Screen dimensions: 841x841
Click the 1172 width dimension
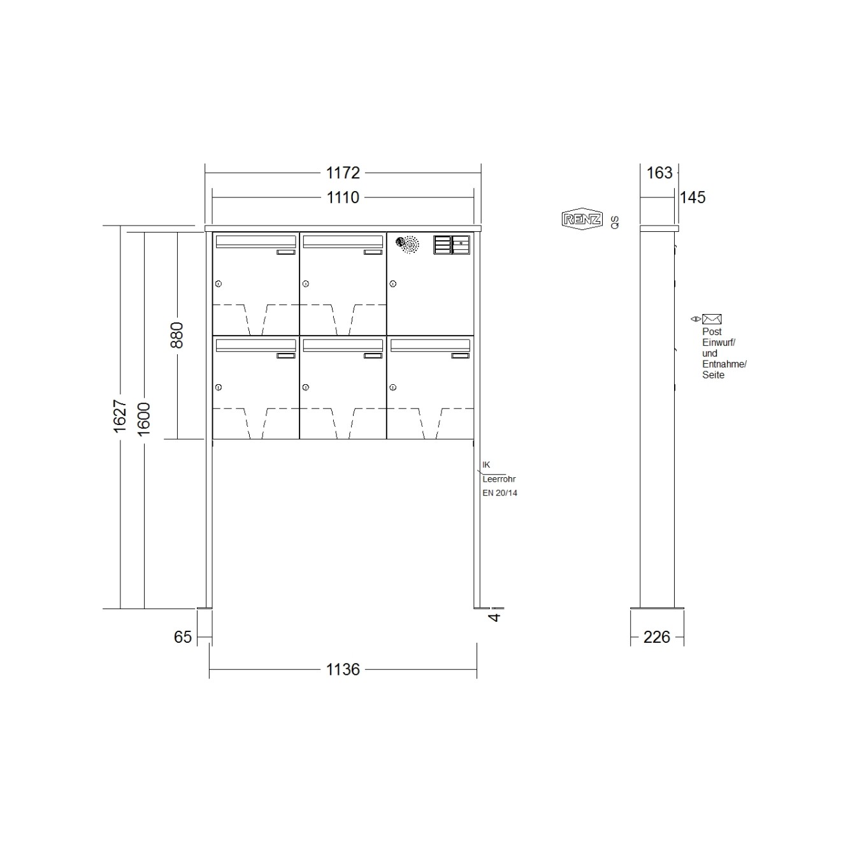[343, 173]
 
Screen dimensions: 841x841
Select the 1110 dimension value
[343, 198]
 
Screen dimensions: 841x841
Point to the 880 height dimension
[176, 335]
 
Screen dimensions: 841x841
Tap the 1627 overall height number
[120, 416]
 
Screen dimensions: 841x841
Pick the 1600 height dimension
[143, 419]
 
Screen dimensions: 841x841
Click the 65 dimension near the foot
[182, 637]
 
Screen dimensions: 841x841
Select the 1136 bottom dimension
[343, 670]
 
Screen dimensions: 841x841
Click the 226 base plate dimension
[656, 637]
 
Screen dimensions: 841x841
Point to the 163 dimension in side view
[659, 173]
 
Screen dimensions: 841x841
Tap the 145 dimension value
[693, 198]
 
